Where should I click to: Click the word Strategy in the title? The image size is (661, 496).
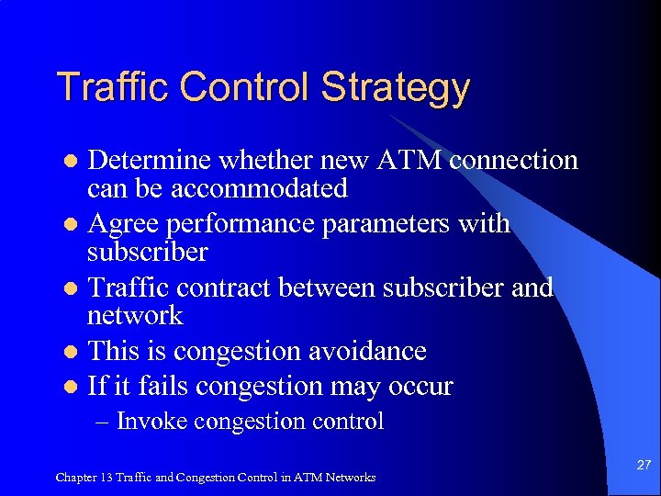coord(396,88)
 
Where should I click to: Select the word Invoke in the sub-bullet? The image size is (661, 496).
coord(151,422)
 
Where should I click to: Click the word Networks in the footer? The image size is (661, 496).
coord(350,477)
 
